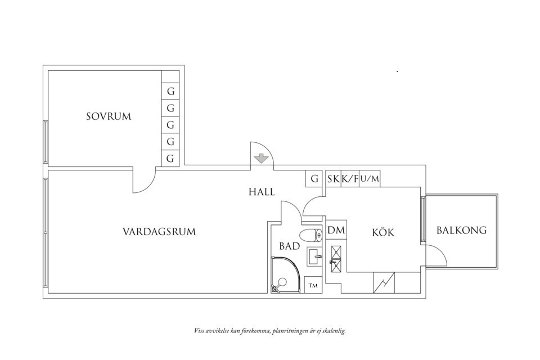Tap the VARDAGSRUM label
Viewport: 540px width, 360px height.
click(x=159, y=231)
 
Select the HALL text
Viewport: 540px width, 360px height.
click(x=262, y=192)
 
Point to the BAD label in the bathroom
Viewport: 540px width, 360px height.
click(x=289, y=246)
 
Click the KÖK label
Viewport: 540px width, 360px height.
click(x=383, y=232)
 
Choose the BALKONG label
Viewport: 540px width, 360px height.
click(x=461, y=231)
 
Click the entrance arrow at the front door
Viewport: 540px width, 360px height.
click(x=260, y=158)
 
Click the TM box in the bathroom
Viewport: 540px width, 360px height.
click(x=313, y=285)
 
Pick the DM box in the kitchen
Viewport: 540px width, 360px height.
click(x=336, y=230)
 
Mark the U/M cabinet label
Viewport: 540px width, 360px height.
click(x=370, y=179)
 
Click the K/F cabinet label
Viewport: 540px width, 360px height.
click(x=350, y=179)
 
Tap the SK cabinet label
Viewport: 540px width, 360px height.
click(x=333, y=179)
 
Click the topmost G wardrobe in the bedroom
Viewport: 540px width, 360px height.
click(x=170, y=91)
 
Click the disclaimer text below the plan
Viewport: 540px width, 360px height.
click(x=269, y=331)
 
